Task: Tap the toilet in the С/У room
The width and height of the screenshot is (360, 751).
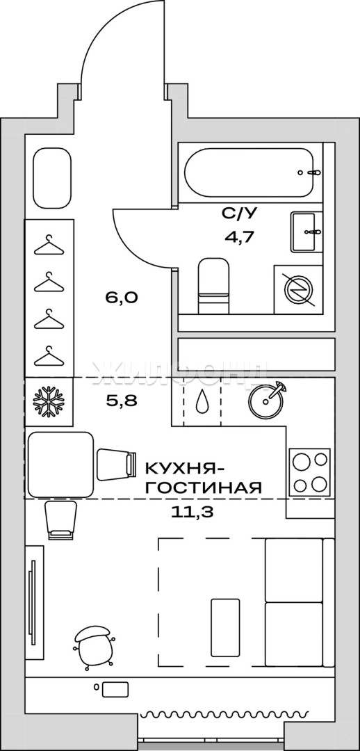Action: coord(214,286)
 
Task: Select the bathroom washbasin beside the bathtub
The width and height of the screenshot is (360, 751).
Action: coord(304,232)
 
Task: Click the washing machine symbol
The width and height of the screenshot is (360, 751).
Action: coord(297,290)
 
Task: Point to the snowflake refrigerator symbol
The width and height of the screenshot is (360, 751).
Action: coord(48,401)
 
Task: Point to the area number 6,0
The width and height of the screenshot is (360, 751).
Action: coord(122,298)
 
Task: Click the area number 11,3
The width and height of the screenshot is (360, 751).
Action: coord(192,512)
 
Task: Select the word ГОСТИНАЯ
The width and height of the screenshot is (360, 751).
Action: coord(204,488)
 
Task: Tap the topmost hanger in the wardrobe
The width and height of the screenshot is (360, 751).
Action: coord(49,245)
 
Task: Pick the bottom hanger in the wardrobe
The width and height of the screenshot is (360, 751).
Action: coord(49,355)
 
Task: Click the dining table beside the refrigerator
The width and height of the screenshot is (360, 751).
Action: coord(60,464)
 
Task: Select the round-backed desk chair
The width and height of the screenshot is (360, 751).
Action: coord(95,647)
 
